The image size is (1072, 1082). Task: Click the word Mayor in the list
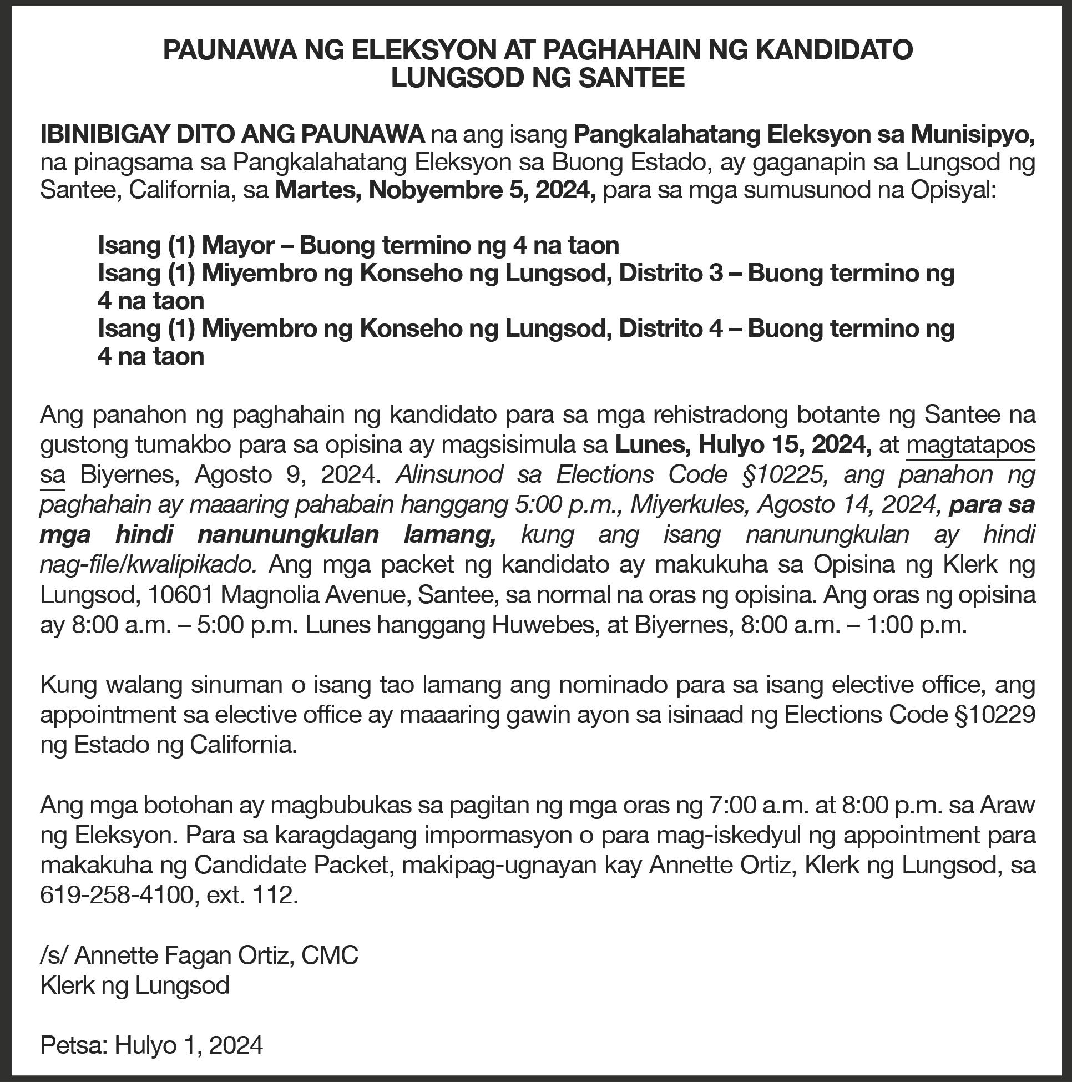click(238, 245)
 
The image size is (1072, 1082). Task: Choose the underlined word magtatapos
click(970, 445)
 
